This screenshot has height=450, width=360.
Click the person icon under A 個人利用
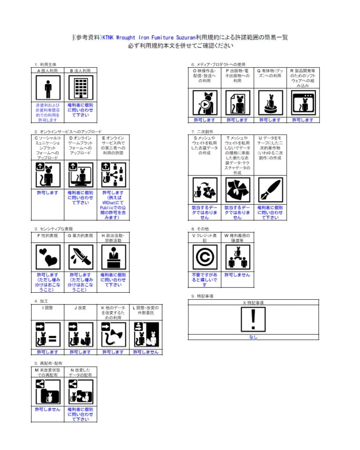48,88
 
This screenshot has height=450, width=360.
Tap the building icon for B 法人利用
80,88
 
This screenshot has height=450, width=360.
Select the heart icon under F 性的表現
48,257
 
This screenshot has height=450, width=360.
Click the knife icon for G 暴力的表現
80,257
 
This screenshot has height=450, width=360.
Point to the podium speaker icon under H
113,257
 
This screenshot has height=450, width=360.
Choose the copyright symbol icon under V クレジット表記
205,257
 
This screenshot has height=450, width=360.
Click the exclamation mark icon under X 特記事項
253,319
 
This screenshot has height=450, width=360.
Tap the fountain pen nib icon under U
270,189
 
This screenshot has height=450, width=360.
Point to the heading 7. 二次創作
202,131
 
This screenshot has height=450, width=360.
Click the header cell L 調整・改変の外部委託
146,311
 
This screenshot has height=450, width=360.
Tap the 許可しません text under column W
237,275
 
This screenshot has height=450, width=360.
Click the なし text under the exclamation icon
253,337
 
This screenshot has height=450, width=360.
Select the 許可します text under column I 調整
47,352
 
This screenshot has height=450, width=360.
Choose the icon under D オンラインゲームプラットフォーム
80,174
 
